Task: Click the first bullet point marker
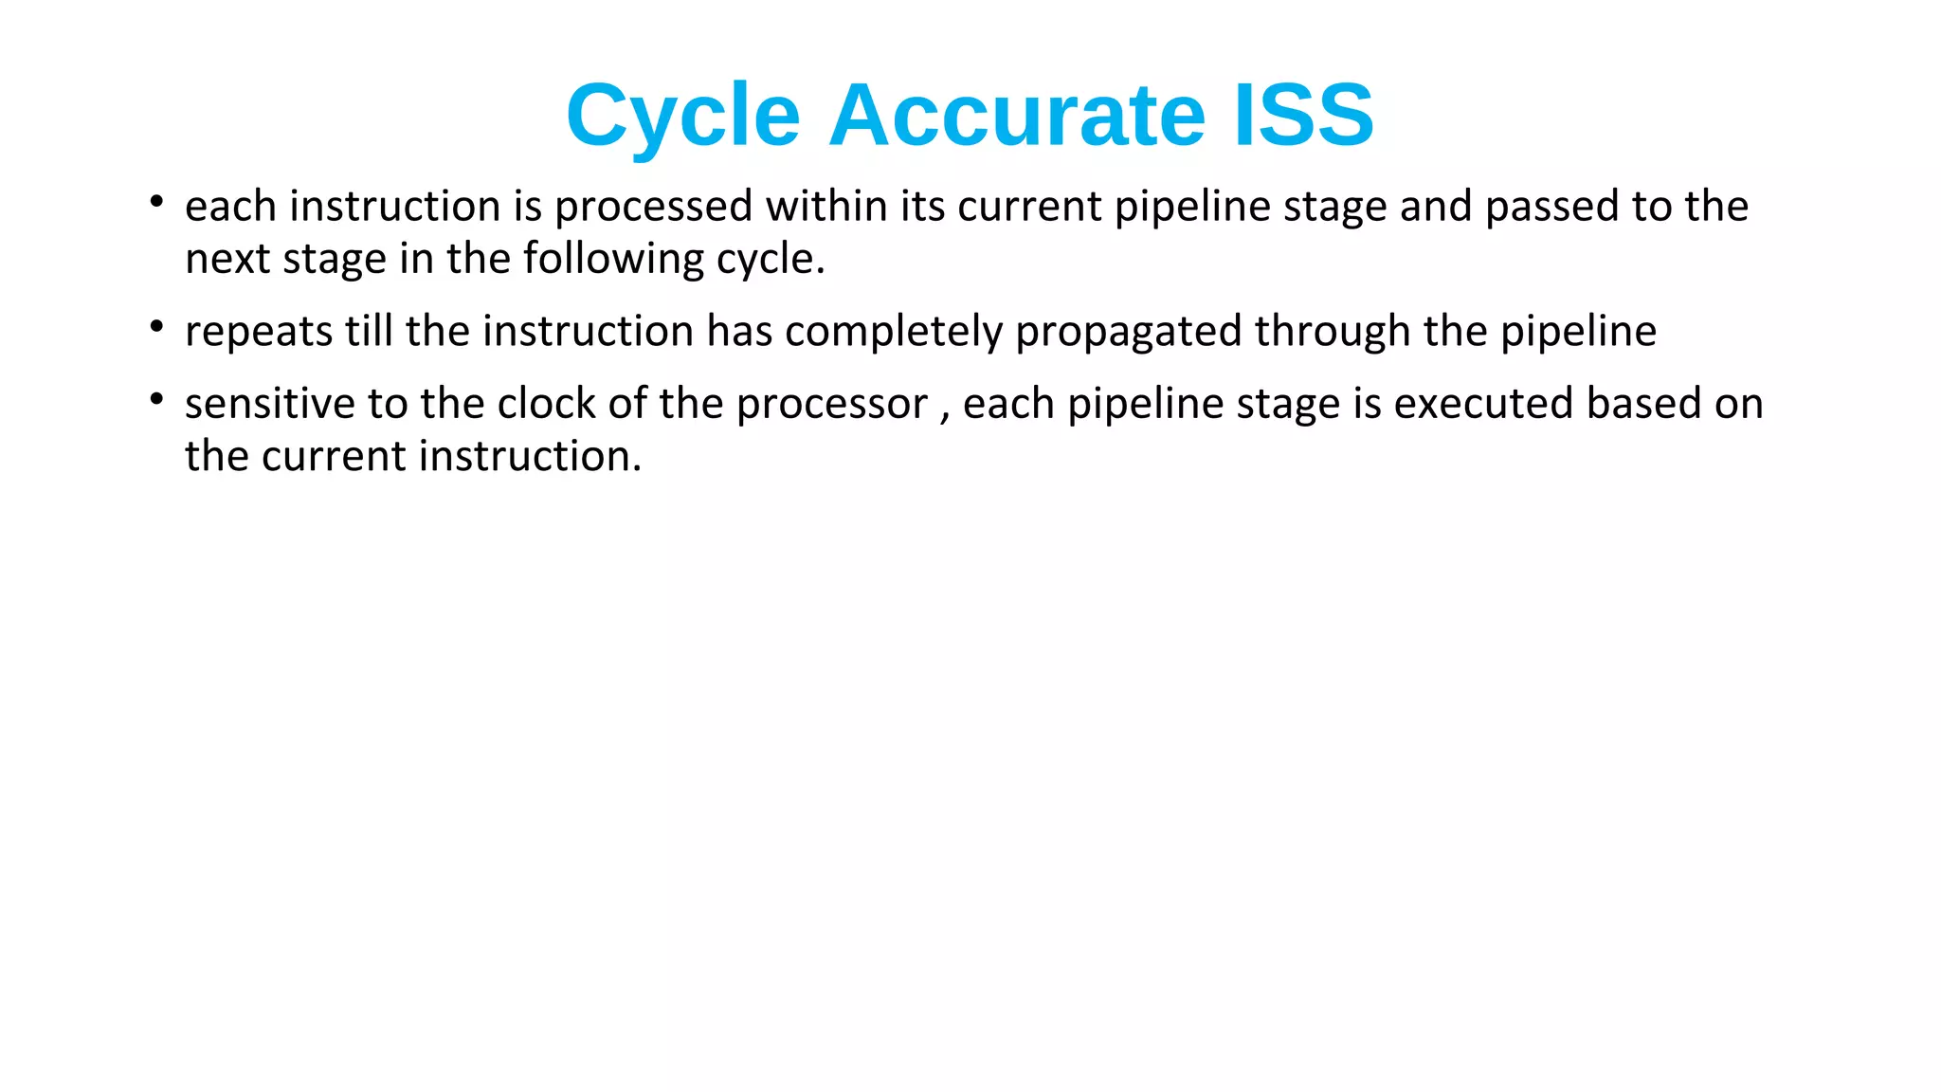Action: [157, 202]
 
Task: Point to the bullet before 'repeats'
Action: [157, 327]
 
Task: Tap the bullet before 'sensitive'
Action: [157, 399]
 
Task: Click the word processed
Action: [653, 207]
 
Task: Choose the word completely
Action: [894, 332]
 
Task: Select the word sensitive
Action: [270, 404]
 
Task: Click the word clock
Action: [546, 404]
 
